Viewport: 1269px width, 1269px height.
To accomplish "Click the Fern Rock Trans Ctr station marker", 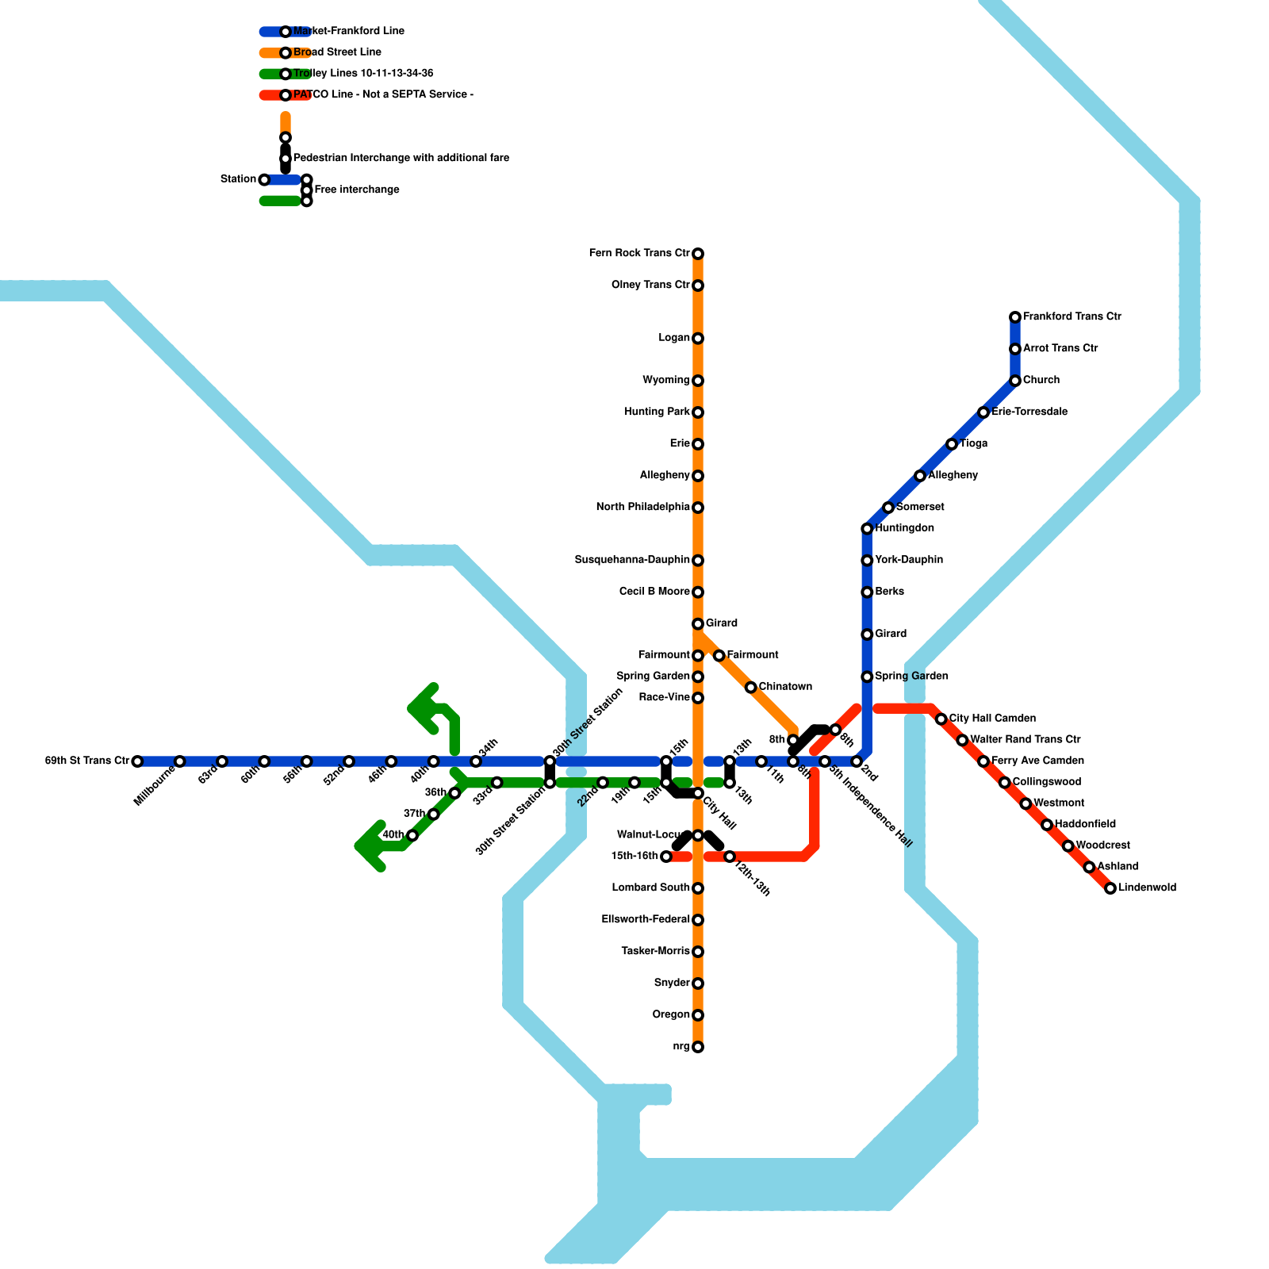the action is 698,254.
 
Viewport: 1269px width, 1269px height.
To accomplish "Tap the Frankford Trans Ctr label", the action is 1072,316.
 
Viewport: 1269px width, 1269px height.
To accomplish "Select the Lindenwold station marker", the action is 1110,888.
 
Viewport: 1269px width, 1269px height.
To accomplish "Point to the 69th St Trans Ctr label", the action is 87,761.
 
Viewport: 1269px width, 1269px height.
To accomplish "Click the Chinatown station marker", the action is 750,687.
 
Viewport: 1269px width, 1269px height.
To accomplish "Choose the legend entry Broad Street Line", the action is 337,52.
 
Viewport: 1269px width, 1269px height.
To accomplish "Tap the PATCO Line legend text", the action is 383,95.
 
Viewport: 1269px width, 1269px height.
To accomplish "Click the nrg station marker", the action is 698,1047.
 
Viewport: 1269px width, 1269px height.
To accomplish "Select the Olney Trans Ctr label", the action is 650,285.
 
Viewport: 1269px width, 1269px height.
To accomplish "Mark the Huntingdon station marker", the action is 867,529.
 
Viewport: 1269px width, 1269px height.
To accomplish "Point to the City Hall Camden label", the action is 992,719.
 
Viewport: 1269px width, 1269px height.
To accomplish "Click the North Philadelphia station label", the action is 642,507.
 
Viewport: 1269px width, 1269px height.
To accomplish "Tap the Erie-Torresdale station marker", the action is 983,412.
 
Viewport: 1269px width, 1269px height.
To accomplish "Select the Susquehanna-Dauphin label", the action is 632,560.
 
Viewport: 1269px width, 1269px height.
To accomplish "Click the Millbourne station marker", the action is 180,761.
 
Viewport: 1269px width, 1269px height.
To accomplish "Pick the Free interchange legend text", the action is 357,190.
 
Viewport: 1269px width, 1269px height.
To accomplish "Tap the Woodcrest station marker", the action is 1068,846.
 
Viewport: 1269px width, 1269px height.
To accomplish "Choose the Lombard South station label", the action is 650,888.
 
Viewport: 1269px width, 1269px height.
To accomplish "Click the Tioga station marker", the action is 952,444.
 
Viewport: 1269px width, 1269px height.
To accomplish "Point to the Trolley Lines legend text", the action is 363,74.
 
